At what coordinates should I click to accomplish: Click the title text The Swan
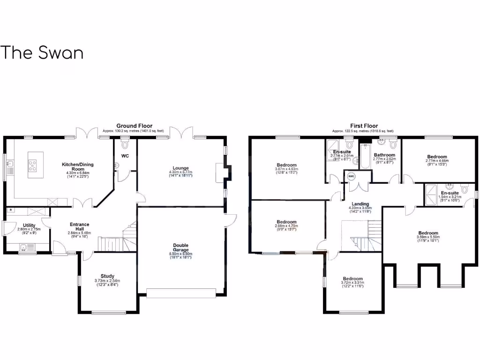[x=42, y=52]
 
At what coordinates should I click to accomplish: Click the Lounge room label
[x=180, y=168]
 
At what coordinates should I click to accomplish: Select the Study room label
[x=107, y=276]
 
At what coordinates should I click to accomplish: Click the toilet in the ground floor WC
[x=124, y=144]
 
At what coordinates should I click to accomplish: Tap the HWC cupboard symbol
[x=351, y=176]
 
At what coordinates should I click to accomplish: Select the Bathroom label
[x=384, y=155]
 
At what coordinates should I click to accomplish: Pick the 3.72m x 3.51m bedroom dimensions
[x=352, y=283]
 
